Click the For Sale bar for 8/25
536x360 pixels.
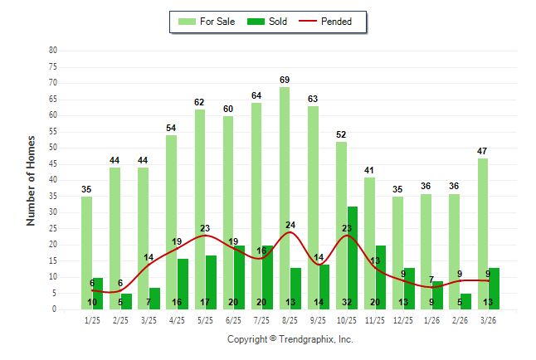coord(285,198)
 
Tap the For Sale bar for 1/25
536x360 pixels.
coord(86,253)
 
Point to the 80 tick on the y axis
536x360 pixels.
coord(53,50)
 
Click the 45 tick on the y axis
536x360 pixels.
coord(53,163)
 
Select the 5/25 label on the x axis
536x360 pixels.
coord(205,319)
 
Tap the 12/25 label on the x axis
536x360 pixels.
coord(403,319)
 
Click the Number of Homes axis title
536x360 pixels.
coord(31,180)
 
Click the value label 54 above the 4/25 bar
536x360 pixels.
coord(171,128)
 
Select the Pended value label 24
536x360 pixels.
coord(290,224)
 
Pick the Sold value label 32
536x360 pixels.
coord(347,302)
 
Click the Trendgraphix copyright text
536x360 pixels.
coord(290,339)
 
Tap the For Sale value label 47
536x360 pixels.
coord(483,150)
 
